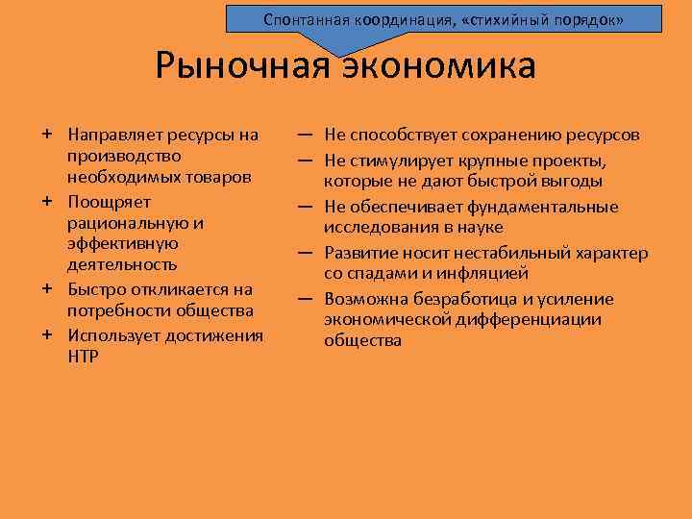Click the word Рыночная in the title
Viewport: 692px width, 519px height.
pyautogui.click(x=239, y=67)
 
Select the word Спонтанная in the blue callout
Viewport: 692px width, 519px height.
pyautogui.click(x=304, y=19)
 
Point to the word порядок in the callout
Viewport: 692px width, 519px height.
pyautogui.click(x=594, y=19)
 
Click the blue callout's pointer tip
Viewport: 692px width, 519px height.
pyautogui.click(x=338, y=55)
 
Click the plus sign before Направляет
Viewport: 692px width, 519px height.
pyautogui.click(x=46, y=134)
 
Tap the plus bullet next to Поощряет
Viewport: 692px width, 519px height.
pyautogui.click(x=46, y=201)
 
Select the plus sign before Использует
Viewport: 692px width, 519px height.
pyautogui.click(x=46, y=334)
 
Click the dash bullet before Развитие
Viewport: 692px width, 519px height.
pyautogui.click(x=304, y=253)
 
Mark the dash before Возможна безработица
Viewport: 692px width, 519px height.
pyautogui.click(x=304, y=299)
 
